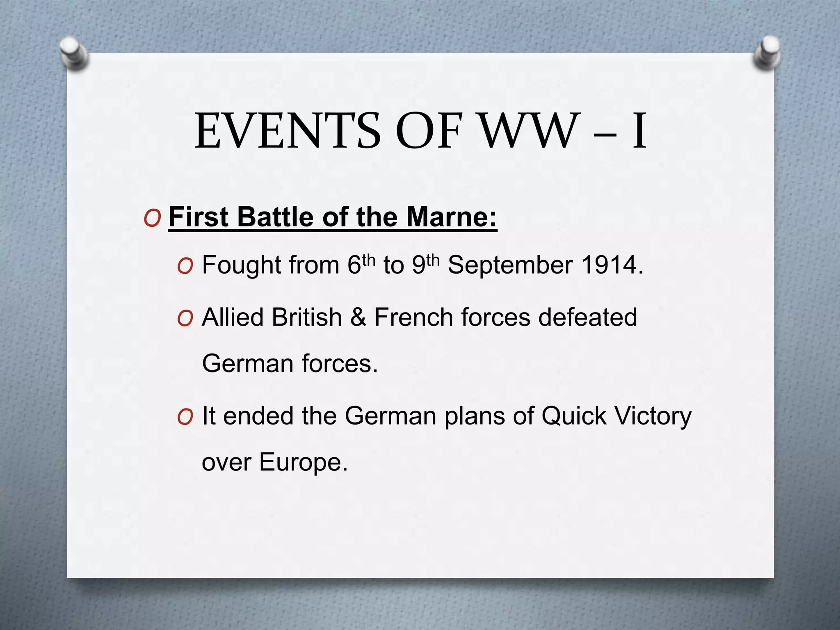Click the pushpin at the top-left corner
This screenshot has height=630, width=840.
click(x=74, y=53)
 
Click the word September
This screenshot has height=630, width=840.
click(x=509, y=266)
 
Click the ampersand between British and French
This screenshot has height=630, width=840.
click(x=358, y=317)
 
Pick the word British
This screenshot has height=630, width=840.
click(x=306, y=317)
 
